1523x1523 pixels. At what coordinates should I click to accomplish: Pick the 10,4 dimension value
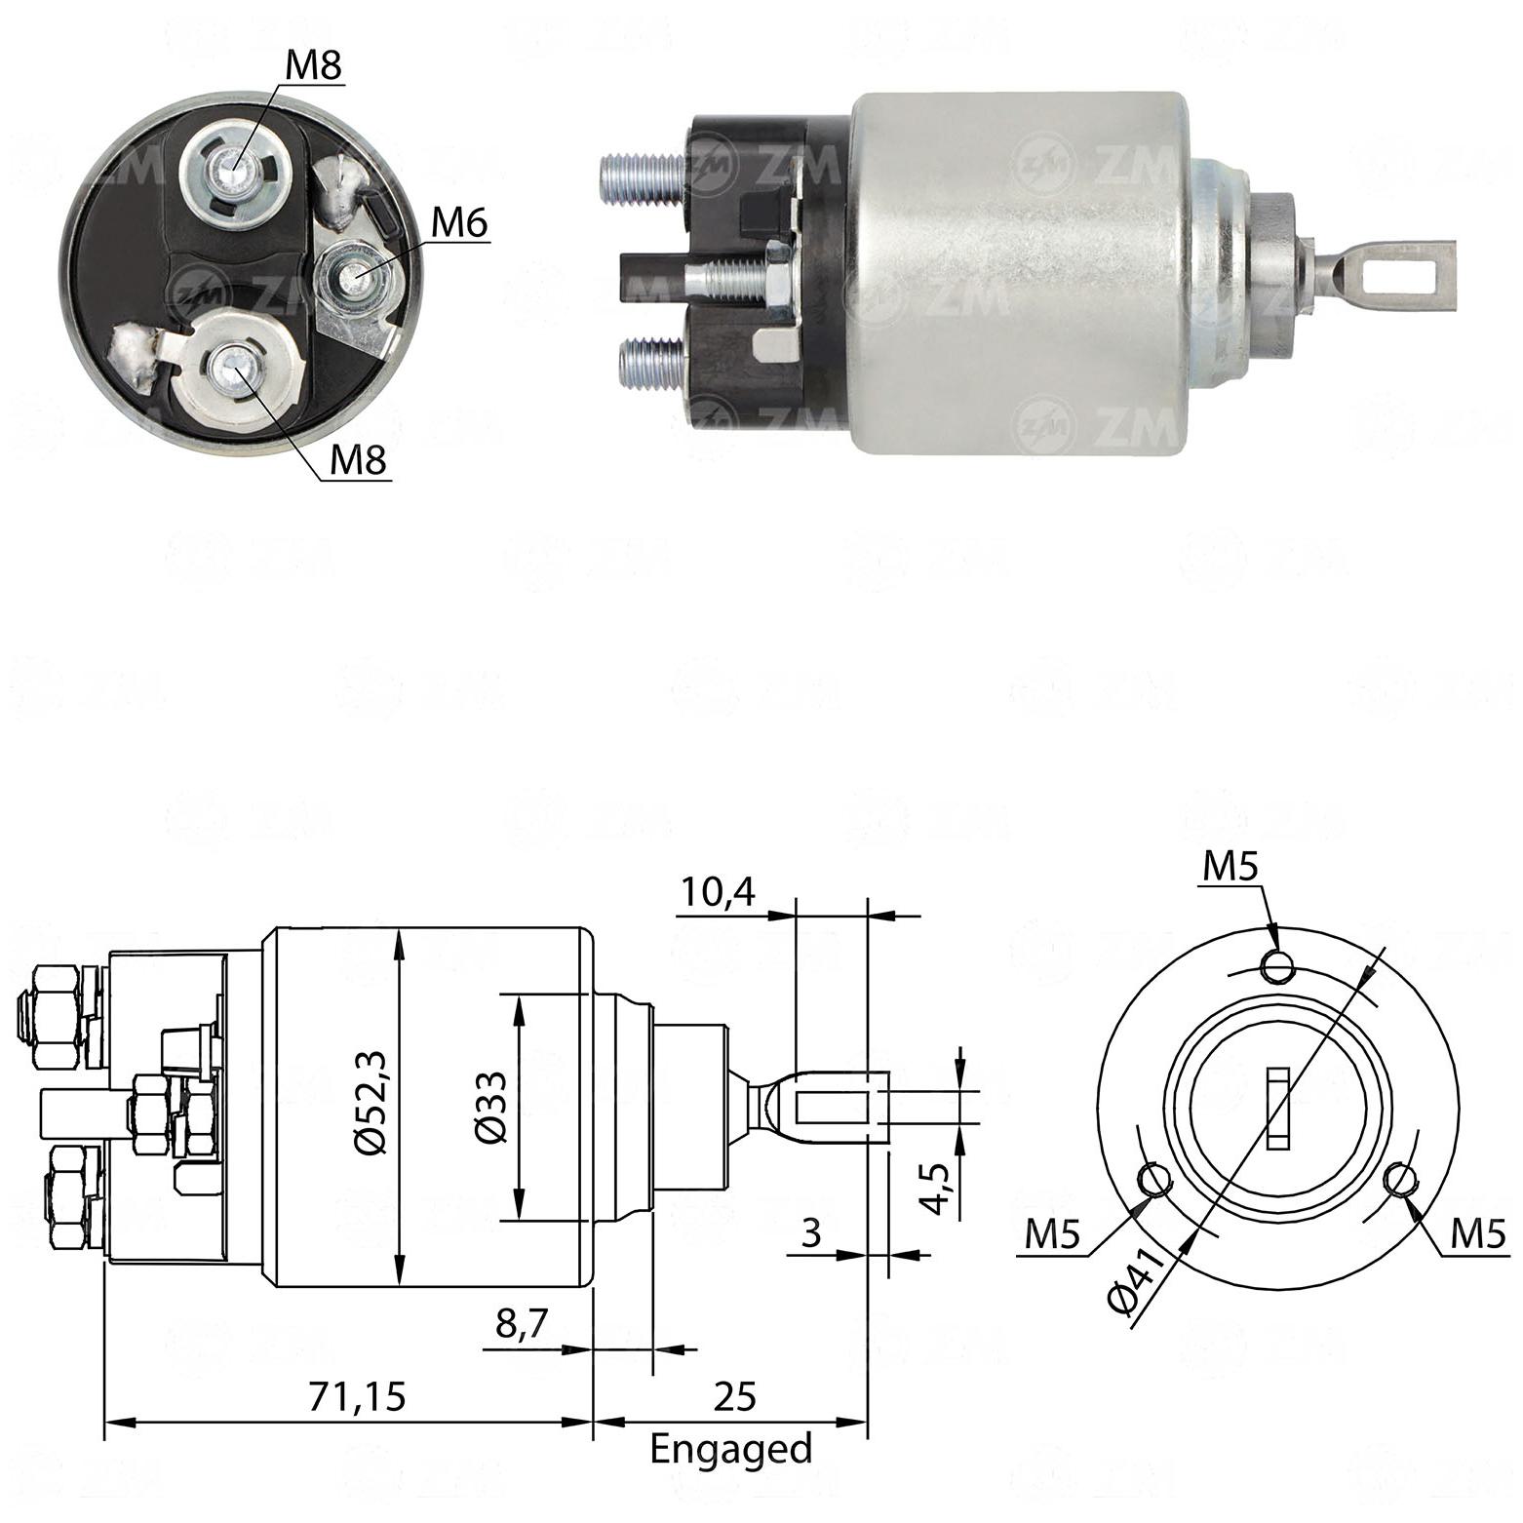[x=718, y=892]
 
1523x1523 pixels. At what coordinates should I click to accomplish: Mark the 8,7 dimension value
[x=523, y=1324]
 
